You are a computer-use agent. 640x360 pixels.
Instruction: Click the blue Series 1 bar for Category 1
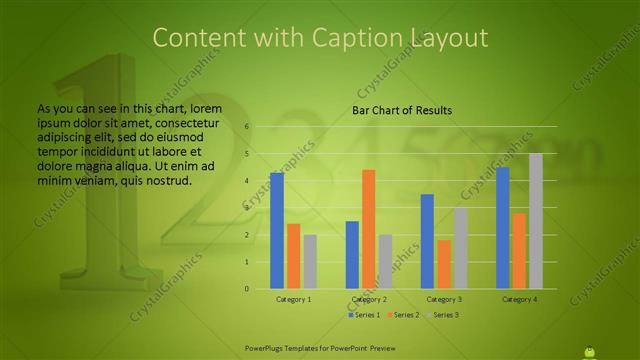[276, 231]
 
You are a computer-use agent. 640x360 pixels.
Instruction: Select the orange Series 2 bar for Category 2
[368, 229]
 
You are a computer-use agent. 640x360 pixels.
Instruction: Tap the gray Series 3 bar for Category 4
[535, 221]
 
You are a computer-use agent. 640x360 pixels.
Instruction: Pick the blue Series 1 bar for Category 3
[427, 241]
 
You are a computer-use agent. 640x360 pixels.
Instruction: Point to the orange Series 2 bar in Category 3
[443, 264]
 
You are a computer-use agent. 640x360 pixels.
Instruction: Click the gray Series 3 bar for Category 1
[310, 262]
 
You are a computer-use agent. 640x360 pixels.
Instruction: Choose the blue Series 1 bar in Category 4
[502, 228]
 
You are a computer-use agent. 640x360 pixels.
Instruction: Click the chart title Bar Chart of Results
[402, 110]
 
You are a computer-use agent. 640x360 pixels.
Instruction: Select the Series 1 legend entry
[364, 315]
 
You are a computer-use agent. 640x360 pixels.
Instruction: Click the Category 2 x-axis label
[369, 299]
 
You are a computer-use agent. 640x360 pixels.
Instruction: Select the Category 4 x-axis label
[519, 299]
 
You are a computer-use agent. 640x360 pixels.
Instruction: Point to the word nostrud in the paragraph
[165, 181]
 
